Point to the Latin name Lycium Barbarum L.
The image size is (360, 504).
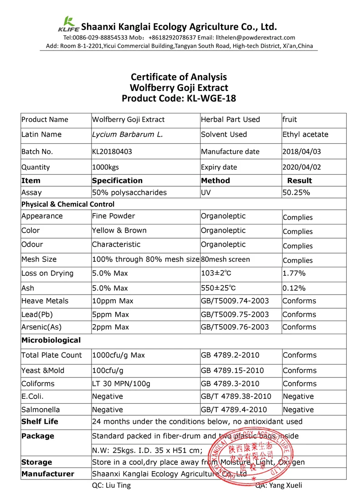128,134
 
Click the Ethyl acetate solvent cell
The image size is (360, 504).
305,134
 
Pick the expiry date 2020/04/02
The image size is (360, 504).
301,167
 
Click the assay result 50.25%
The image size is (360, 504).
296,193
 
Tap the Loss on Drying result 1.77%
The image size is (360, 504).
294,274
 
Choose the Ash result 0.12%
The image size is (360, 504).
294,288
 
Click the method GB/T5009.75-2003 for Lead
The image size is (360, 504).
235,315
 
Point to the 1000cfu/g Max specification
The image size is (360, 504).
118,355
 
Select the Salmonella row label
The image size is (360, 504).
41,410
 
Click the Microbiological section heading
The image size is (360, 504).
51,340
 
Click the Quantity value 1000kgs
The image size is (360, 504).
105,167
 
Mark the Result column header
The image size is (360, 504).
299,181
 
